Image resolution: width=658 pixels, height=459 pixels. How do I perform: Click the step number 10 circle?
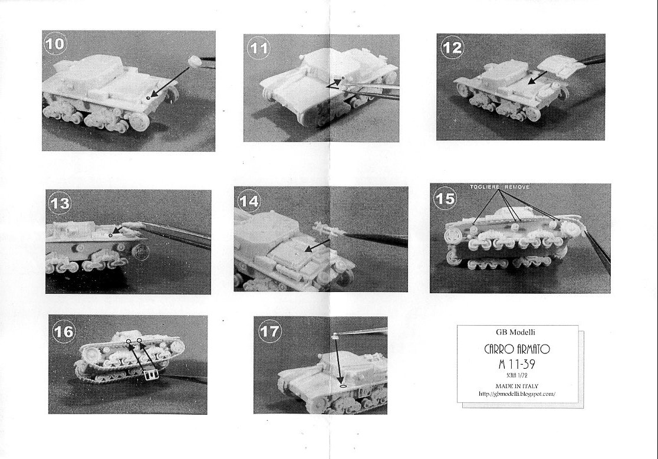click(55, 43)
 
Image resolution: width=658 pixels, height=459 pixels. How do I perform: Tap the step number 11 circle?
click(259, 48)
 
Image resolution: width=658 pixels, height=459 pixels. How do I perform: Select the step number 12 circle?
click(452, 47)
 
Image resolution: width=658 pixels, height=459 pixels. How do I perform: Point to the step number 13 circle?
click(60, 204)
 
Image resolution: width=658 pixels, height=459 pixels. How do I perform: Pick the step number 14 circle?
click(249, 201)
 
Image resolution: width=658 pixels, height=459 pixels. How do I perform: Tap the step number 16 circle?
click(64, 332)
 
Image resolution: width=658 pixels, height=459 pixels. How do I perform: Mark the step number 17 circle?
click(269, 332)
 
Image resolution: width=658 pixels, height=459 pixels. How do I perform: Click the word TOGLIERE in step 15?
click(485, 187)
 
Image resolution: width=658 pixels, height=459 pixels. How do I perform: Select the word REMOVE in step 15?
click(517, 187)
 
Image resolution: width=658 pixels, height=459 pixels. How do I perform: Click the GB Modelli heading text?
click(515, 332)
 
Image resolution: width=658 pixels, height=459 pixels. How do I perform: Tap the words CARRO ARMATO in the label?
click(517, 349)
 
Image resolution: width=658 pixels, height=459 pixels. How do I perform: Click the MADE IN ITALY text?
click(517, 386)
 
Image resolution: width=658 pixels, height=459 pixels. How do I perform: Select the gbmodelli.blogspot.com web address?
click(517, 394)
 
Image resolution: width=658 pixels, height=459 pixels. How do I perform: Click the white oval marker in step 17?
click(343, 384)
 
